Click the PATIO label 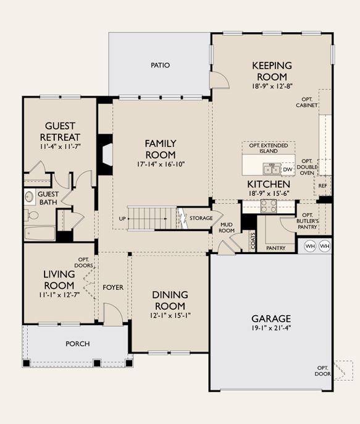160,65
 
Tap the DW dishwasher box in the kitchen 288,169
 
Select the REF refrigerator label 322,186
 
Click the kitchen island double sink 272,169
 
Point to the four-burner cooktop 269,206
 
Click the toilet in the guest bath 32,216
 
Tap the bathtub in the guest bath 40,233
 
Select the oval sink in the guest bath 30,197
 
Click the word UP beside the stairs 122,219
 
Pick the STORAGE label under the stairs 201,218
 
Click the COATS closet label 253,242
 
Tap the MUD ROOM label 227,227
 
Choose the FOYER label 113,287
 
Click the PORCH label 78,344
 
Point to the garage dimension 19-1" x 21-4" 271,328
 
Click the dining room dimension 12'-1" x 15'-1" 170,315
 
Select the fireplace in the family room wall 106,155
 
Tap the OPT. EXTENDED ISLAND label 269,148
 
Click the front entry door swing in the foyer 113,314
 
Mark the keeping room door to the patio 220,80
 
